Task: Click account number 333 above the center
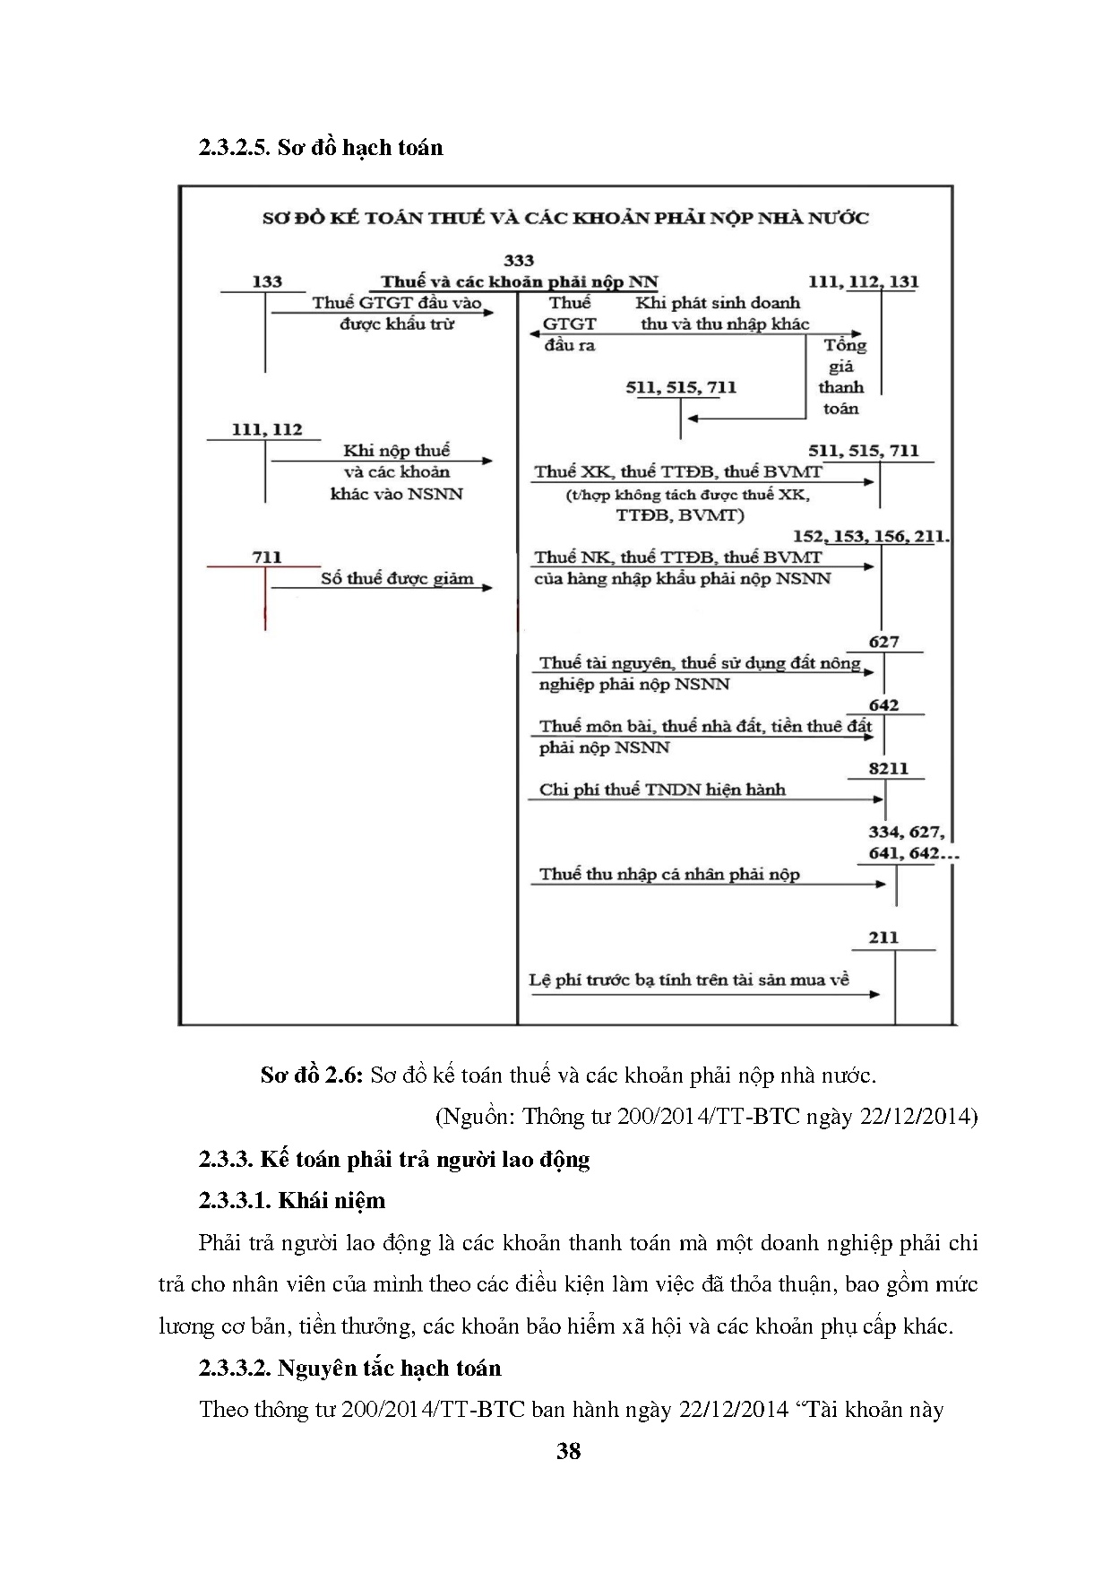point(519,261)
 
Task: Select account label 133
point(267,281)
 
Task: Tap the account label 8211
point(888,768)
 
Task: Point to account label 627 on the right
point(883,642)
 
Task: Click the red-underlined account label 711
point(266,557)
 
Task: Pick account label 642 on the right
point(883,705)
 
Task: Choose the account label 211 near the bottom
point(883,937)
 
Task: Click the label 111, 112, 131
point(863,281)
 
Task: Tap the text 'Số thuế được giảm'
point(397,578)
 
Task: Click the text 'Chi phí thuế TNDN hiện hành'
point(661,790)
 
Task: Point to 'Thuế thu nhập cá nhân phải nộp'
point(669,874)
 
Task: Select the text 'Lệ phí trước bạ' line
point(688,980)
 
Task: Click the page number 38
point(568,1451)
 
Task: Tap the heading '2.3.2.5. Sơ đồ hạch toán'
point(321,148)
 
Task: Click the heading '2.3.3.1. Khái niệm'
point(291,1200)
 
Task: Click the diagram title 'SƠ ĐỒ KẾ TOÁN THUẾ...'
point(564,218)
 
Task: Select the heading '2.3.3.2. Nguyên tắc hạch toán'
point(349,1368)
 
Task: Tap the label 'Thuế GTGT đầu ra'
point(570,324)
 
